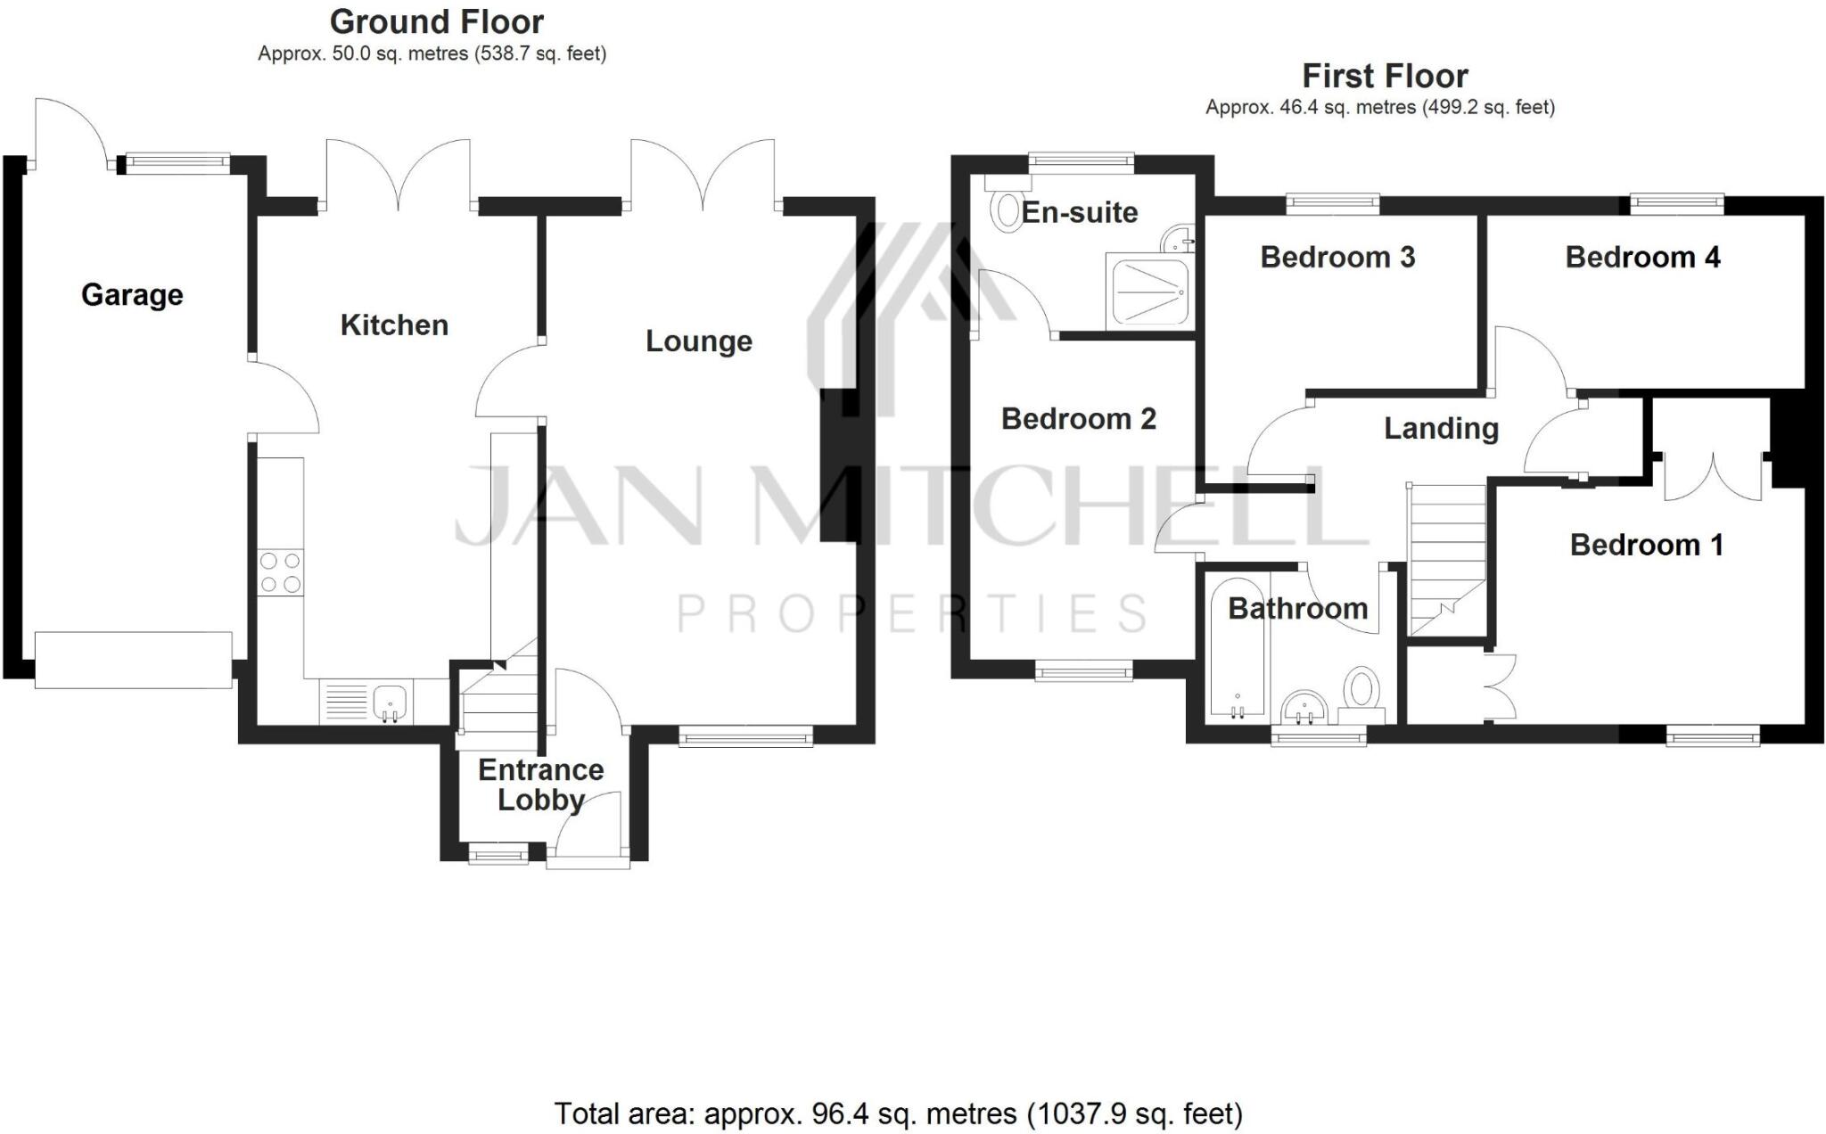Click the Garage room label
tap(132, 295)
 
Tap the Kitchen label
tap(394, 325)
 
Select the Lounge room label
tap(699, 341)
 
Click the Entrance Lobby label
tap(540, 785)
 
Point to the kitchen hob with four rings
tap(281, 572)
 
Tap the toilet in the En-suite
tap(1007, 210)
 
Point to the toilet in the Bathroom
tap(1361, 694)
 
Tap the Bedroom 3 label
tap(1337, 258)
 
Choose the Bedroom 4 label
tap(1642, 258)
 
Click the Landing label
tap(1441, 429)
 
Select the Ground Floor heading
tap(437, 21)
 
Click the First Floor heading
tap(1385, 76)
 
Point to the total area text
tap(898, 1113)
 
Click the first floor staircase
tap(1446, 560)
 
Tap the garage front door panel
tap(134, 660)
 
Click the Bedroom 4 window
tap(1676, 205)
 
